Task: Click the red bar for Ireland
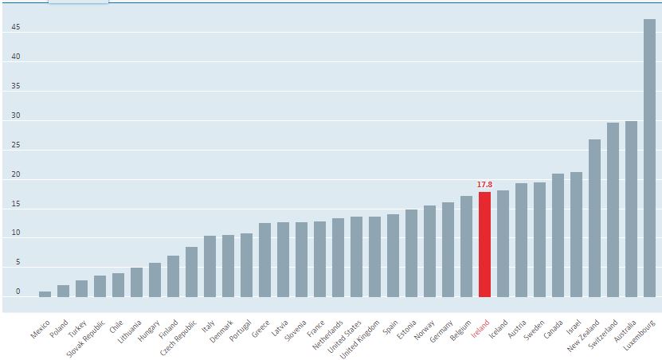pos(484,244)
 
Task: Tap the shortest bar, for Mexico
pos(45,294)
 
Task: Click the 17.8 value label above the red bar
pos(484,185)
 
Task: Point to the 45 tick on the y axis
pos(16,28)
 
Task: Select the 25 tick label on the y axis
pos(16,146)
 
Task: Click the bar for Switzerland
pos(613,209)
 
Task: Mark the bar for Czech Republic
pos(191,272)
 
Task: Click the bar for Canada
pos(558,235)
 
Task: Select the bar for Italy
pos(210,266)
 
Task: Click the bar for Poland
pos(63,291)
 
